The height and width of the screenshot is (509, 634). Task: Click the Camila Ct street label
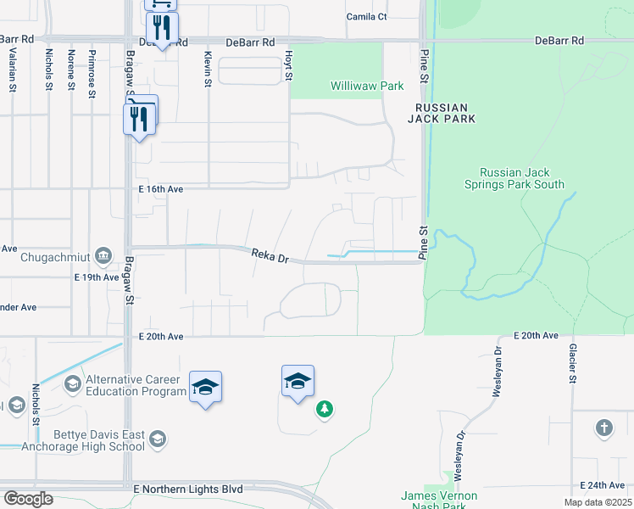366,16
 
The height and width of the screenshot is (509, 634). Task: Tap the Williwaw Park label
367,86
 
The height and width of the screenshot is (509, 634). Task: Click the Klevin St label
207,68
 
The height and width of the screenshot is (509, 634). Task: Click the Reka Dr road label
270,255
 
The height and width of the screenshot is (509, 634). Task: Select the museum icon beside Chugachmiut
103,255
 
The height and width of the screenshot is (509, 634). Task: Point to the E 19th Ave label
97,277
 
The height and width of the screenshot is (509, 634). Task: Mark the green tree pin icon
324,410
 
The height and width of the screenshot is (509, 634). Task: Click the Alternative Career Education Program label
136,385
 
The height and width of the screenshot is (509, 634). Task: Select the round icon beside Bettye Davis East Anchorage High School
157,439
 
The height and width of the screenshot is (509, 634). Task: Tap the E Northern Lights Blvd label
188,489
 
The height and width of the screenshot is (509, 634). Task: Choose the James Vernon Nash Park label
439,501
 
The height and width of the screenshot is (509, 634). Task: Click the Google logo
29,499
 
